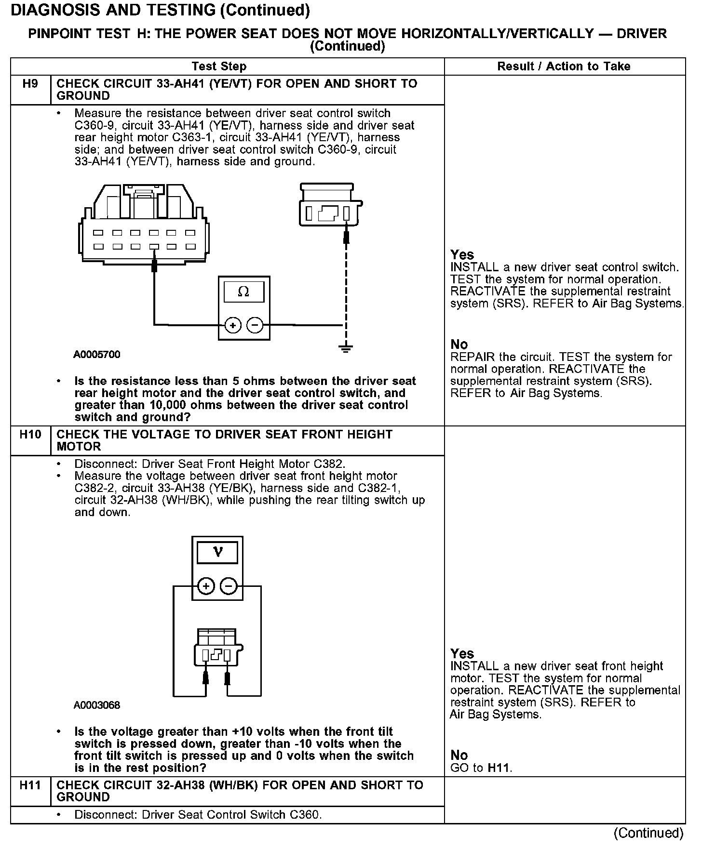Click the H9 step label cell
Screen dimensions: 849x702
point(30,84)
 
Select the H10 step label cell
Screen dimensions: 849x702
point(30,435)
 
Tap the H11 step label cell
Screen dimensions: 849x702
point(30,786)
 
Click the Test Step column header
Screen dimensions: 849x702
point(219,66)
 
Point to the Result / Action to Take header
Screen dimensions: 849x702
point(564,66)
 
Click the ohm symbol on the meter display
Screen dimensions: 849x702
point(243,292)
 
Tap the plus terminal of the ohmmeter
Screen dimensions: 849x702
point(233,326)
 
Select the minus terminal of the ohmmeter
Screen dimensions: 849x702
point(255,326)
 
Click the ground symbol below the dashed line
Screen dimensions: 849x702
point(345,348)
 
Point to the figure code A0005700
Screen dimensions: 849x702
point(96,355)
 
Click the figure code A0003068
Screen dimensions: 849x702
point(96,705)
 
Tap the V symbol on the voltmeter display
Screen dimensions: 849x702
point(217,552)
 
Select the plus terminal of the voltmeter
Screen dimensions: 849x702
point(206,586)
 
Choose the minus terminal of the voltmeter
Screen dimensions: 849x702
point(229,586)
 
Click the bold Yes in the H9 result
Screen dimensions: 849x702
point(462,255)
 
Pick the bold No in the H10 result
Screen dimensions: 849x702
point(459,756)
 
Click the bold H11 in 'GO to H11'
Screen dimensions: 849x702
point(499,768)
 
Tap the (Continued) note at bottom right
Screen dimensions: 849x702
point(648,833)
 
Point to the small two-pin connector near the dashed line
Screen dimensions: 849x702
point(330,206)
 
